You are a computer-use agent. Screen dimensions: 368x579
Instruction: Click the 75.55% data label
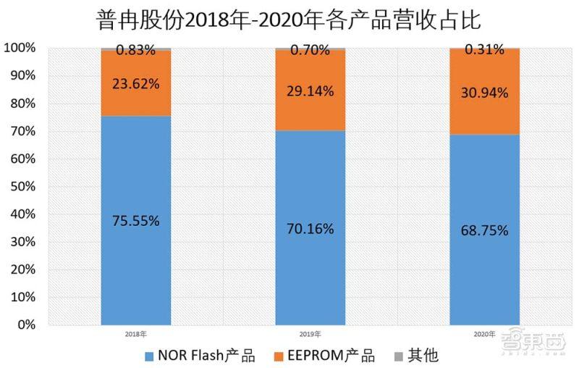[x=136, y=222]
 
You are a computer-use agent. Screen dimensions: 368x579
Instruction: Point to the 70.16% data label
[x=310, y=229]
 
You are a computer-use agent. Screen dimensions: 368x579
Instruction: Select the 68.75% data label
[x=484, y=231]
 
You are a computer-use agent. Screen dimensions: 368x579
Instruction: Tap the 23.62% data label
[x=136, y=83]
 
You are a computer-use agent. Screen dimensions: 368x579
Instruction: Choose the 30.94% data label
[x=484, y=93]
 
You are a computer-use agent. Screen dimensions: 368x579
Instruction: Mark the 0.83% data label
[x=136, y=51]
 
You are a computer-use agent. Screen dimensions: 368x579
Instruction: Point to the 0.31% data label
[x=484, y=51]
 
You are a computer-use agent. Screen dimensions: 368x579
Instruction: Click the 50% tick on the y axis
[x=21, y=186]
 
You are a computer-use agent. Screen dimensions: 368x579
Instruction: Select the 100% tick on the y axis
[x=19, y=48]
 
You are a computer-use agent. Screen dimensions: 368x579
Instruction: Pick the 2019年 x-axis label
[x=310, y=335]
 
